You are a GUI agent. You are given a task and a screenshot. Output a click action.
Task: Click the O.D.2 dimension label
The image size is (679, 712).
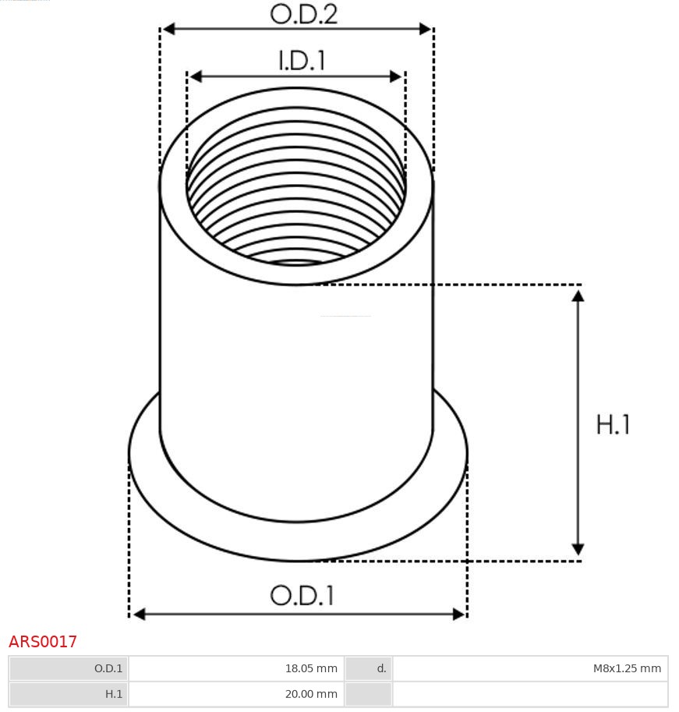(303, 14)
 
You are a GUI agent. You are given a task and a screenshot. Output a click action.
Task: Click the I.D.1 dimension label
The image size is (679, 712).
(302, 61)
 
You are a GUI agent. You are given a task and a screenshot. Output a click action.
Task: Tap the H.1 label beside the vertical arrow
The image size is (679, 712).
(613, 425)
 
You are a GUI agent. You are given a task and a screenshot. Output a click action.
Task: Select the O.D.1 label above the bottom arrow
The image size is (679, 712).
(302, 596)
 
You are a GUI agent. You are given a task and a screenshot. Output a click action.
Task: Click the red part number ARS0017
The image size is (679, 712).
(43, 642)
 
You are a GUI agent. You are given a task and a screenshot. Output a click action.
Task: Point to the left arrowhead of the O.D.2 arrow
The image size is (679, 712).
(168, 29)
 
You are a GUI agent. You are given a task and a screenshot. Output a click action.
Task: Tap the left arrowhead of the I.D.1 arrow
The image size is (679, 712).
(195, 76)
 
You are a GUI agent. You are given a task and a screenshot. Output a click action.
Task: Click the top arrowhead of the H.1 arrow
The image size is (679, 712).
(578, 296)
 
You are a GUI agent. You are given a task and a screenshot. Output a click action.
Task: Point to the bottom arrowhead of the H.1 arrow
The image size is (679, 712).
(578, 549)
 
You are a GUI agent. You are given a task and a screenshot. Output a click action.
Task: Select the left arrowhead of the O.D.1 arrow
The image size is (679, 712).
(139, 615)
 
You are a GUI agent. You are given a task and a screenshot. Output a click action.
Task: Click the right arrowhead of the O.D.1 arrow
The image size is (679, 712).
(458, 615)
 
